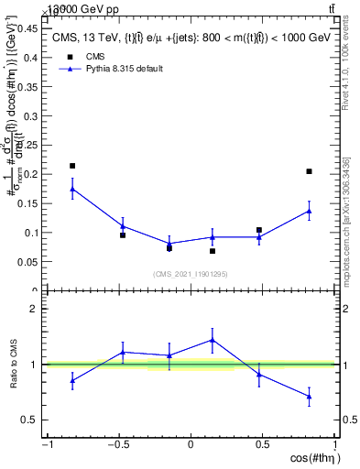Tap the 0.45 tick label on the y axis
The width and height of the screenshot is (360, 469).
pyautogui.click(x=29, y=28)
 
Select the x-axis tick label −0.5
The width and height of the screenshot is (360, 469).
pyautogui.click(x=116, y=446)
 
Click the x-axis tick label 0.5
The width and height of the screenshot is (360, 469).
pyautogui.click(x=262, y=446)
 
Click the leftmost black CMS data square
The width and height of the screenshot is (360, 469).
pyautogui.click(x=72, y=166)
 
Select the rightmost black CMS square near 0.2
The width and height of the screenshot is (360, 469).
pyautogui.click(x=310, y=171)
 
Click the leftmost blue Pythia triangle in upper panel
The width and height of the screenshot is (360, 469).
pyautogui.click(x=72, y=189)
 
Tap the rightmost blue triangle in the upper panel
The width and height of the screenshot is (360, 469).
pyautogui.click(x=310, y=211)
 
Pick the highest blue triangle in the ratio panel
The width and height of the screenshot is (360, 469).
pyautogui.click(x=213, y=340)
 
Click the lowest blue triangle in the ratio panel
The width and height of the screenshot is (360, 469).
pyautogui.click(x=310, y=397)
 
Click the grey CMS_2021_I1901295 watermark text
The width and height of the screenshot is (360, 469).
pyautogui.click(x=190, y=274)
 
